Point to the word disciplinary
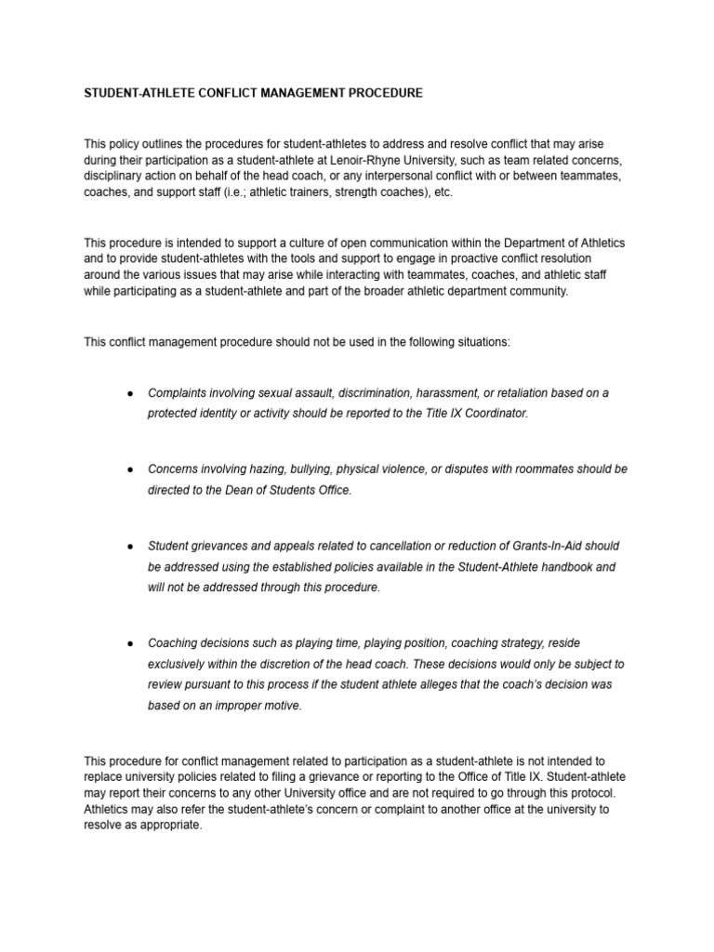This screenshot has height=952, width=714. [x=113, y=175]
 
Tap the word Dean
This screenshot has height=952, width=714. [x=231, y=490]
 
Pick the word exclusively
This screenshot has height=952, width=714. [x=179, y=664]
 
